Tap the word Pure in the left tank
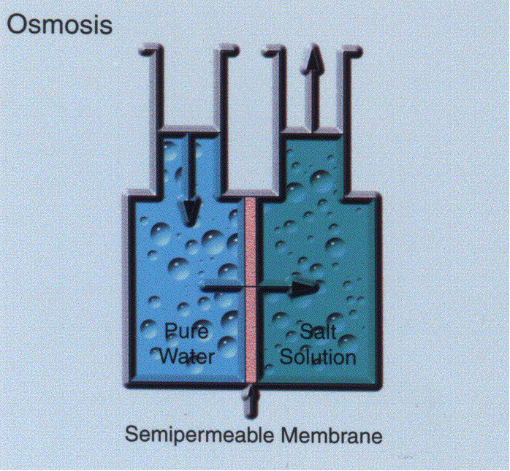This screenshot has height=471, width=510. point(188,333)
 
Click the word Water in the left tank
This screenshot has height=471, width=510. point(188,356)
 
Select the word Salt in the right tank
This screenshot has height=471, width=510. point(318,333)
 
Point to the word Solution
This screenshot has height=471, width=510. point(319,357)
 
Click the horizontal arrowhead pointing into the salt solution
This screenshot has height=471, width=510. point(306,287)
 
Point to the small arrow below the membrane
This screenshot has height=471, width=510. point(253,398)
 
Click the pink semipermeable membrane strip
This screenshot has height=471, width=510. point(251,292)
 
